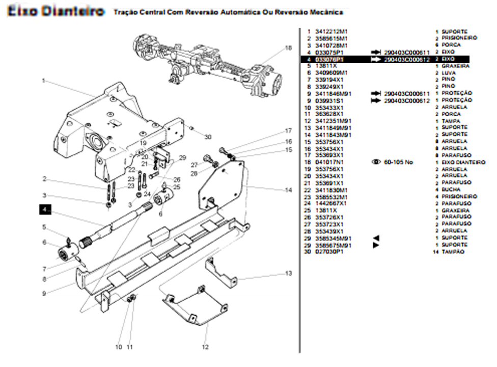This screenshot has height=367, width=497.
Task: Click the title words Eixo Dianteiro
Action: (x=56, y=11)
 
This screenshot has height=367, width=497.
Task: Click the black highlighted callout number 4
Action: (x=45, y=208)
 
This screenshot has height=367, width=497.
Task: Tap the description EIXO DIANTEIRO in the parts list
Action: (x=463, y=162)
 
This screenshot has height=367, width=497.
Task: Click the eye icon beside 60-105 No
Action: (x=377, y=162)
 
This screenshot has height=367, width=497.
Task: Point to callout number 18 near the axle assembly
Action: (x=288, y=48)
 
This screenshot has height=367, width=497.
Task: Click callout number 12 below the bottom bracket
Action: (x=205, y=347)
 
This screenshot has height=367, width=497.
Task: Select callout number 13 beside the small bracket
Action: (x=288, y=274)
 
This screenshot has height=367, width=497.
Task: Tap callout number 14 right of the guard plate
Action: (x=288, y=190)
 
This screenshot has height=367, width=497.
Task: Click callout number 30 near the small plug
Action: (x=208, y=137)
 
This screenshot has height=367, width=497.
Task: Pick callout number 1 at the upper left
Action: (x=44, y=81)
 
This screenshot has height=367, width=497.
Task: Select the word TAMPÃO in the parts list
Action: (x=453, y=252)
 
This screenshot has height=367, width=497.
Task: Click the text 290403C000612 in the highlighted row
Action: (x=407, y=60)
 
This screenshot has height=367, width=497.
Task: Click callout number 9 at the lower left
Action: (x=44, y=294)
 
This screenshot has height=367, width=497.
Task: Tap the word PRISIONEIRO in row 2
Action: (x=459, y=38)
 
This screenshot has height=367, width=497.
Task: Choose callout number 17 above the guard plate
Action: (x=288, y=131)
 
